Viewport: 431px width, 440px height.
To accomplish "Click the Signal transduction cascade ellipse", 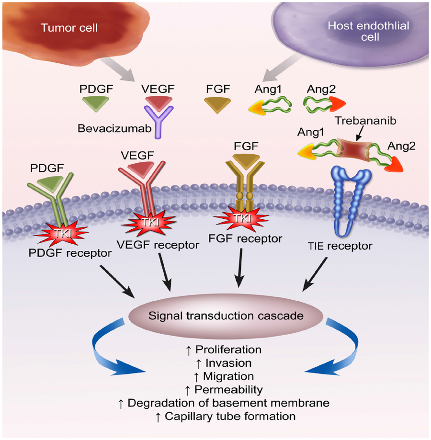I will tap(226, 316).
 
